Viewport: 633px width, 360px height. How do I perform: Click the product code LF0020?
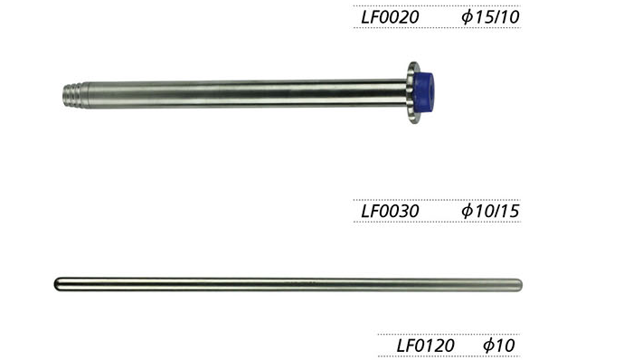click(390, 17)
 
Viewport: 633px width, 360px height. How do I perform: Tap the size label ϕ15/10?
click(490, 17)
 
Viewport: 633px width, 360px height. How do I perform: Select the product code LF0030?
click(390, 211)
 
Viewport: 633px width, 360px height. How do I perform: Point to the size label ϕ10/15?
click(490, 211)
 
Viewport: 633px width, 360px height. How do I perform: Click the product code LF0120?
click(426, 346)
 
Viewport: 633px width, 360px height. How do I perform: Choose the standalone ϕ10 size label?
click(499, 346)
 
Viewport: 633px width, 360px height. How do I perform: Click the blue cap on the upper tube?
click(425, 91)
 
